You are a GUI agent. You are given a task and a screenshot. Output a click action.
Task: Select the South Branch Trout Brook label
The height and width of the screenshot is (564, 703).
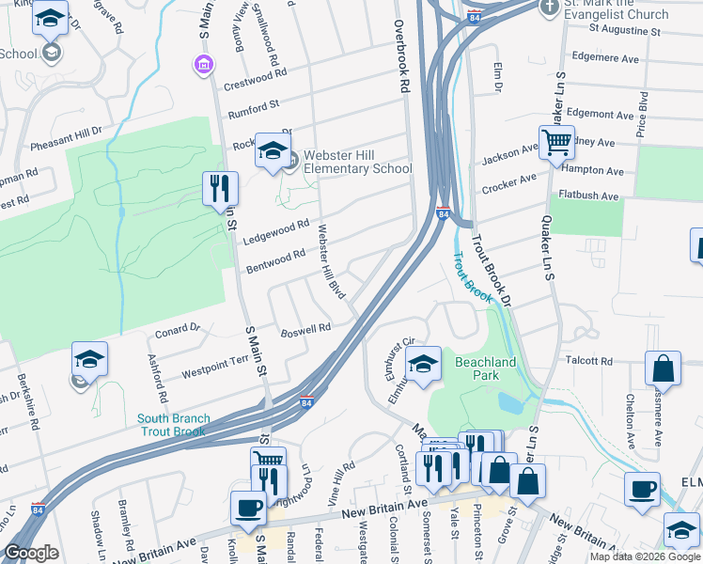[x=175, y=425]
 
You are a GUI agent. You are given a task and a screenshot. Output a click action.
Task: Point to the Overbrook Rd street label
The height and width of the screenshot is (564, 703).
[x=402, y=56]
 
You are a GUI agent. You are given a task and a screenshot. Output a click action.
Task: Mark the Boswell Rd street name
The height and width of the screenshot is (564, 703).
[x=306, y=330]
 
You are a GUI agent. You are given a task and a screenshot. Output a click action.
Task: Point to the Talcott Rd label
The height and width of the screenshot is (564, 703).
[x=589, y=361]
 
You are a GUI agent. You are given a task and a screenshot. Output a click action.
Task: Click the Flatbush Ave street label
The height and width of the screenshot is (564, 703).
[x=589, y=196]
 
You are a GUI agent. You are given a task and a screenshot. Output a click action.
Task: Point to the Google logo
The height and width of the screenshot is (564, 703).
[x=31, y=554]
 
